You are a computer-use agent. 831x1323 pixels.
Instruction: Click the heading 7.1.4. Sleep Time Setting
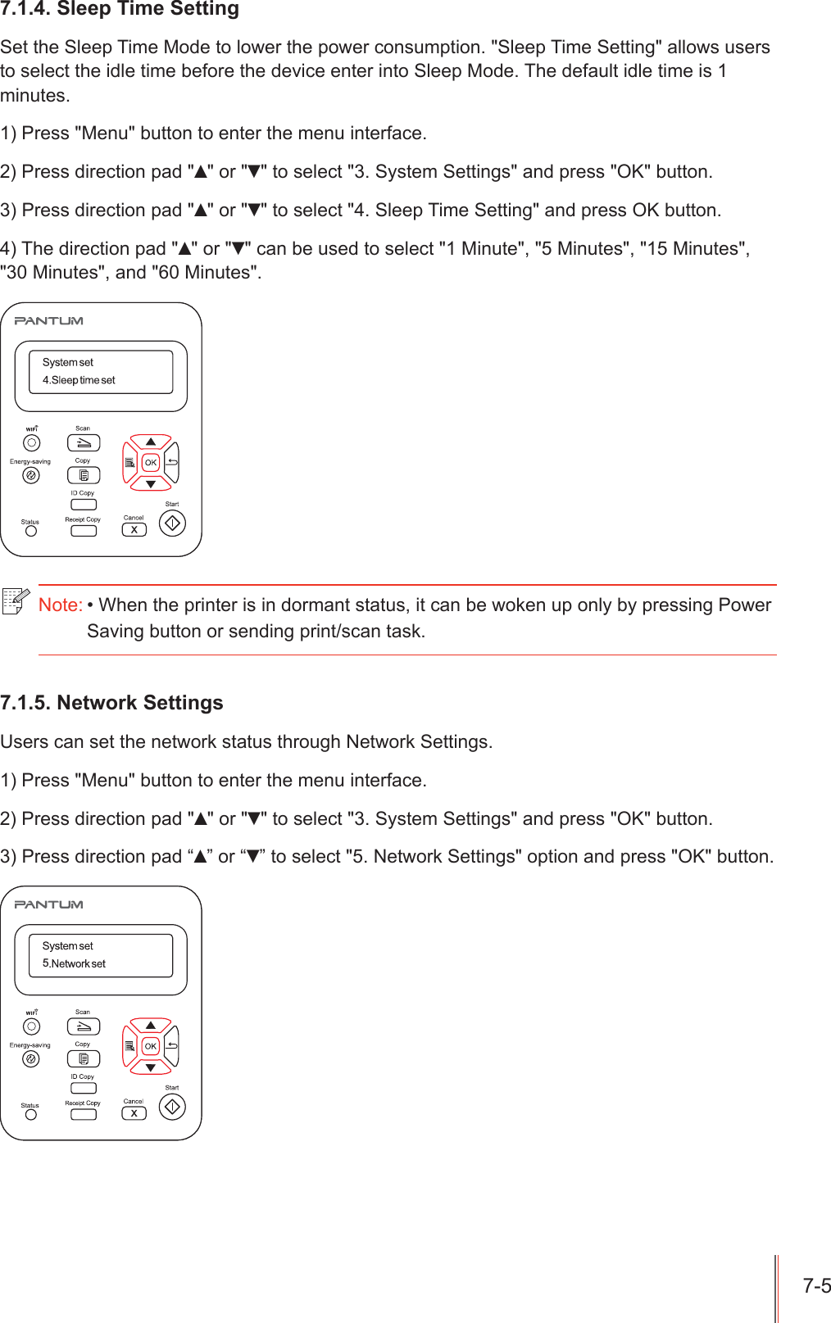pos(120,9)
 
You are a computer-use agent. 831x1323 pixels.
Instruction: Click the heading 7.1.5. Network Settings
pos(111,703)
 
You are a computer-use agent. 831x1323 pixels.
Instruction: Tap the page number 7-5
pos(816,1285)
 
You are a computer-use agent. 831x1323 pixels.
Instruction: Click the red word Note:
pos(60,605)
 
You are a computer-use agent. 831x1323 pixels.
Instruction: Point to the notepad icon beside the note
pos(16,600)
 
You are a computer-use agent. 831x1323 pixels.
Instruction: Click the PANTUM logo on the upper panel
pos(49,321)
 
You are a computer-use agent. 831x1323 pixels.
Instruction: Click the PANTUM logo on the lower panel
pos(49,904)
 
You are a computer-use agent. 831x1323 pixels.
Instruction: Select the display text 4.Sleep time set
pos(79,380)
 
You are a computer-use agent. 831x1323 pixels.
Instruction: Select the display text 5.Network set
pos(74,964)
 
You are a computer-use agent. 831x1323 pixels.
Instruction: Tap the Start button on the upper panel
pos(172,523)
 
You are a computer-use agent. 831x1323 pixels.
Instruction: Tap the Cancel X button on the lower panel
pos(134,1113)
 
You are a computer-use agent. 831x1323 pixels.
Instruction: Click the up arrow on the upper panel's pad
pos(151,442)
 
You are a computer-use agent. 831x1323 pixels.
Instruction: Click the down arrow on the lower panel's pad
pos(151,1067)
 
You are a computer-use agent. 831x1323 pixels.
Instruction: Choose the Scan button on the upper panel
pos(84,443)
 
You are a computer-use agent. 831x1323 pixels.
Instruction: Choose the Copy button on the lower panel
pos(84,1059)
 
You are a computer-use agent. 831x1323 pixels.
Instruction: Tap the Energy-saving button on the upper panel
pos(31,475)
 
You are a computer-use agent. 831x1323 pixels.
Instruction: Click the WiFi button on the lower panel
pos(31,1026)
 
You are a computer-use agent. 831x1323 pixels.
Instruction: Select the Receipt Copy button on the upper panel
pos(84,531)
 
